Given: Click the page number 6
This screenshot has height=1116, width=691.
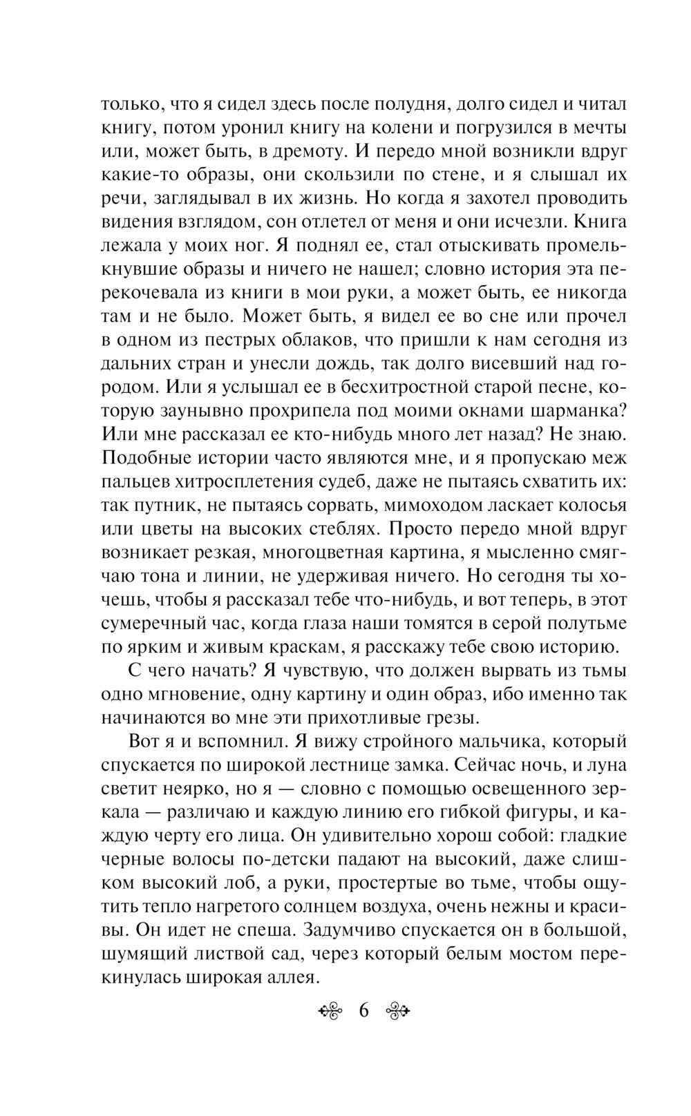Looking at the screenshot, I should point(364,1012).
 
